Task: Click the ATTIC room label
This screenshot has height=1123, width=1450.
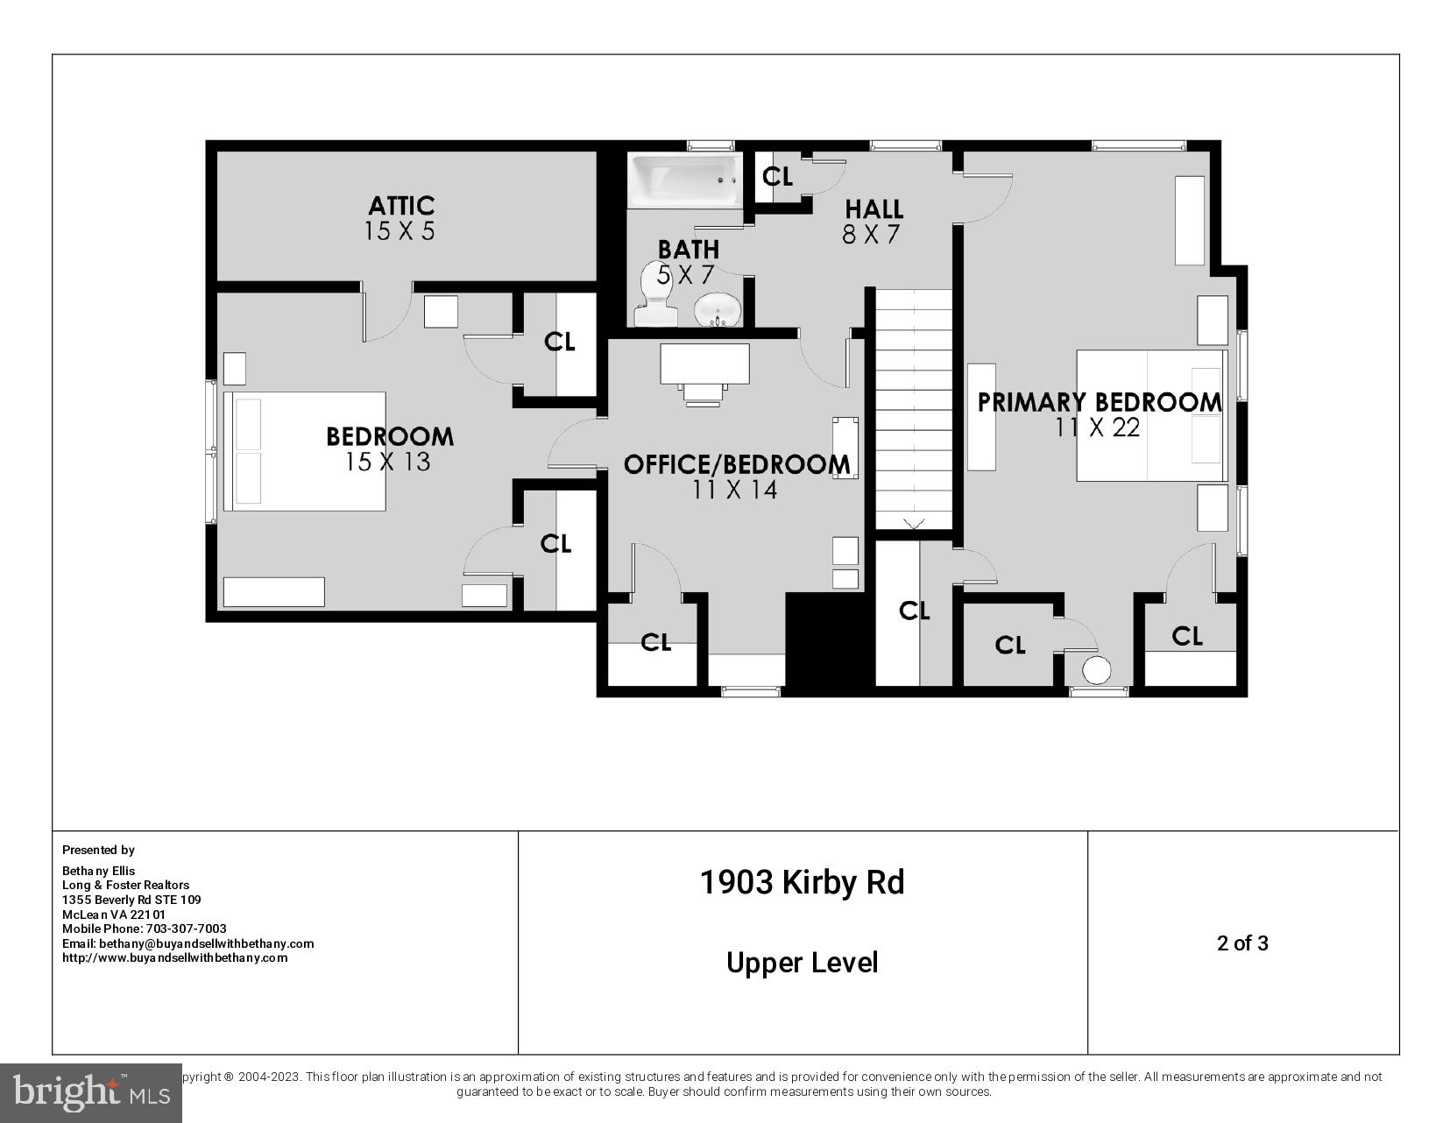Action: [x=401, y=206]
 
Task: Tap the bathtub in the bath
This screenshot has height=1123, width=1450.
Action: [x=684, y=180]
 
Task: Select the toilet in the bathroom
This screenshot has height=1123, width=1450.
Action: [x=655, y=294]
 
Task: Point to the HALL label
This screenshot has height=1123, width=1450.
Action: [x=874, y=209]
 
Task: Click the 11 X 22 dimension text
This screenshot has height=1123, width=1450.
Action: [x=1098, y=427]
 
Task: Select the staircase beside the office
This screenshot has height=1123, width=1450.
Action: [x=914, y=409]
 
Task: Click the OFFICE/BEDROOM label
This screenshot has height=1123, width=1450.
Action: [x=736, y=464]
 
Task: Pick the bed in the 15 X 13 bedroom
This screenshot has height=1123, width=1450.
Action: [x=304, y=451]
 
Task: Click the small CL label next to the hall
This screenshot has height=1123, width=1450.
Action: [x=777, y=177]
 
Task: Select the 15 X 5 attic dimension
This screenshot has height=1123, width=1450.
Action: [x=400, y=231]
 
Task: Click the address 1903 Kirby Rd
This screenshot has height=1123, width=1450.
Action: [x=802, y=882]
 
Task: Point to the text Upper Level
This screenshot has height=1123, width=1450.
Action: [x=802, y=963]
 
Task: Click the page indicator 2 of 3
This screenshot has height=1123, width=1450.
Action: [x=1242, y=943]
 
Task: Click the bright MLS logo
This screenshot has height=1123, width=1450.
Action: [x=90, y=1092]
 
